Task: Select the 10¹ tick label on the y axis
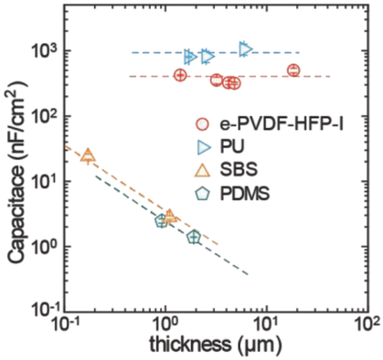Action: pos(43,182)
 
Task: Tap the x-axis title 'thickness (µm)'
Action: pos(215,345)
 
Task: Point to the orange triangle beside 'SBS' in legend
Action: pos(203,169)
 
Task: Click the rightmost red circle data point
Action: pos(293,70)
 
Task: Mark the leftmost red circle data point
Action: pos(180,75)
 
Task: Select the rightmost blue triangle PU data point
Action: pos(245,48)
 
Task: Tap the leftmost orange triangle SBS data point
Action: pos(88,155)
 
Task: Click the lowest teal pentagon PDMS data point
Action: pos(194,237)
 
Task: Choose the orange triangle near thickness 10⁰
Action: pos(169,216)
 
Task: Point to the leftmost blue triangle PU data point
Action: pos(190,57)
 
